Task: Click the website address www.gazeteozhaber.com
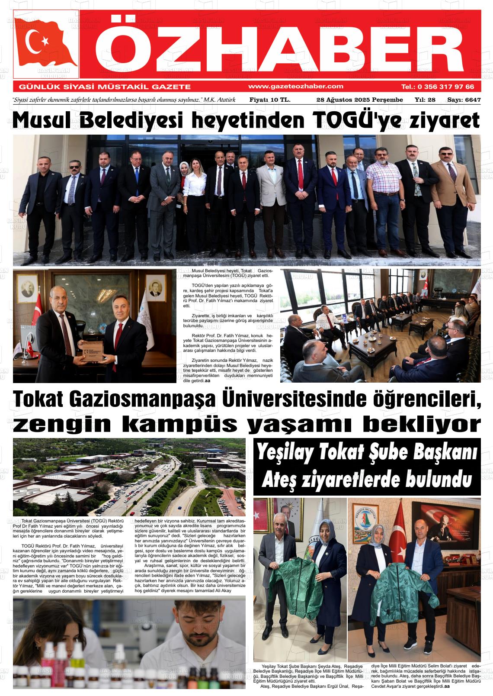click(x=296, y=86)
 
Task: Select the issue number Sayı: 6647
click(x=464, y=100)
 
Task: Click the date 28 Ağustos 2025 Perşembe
click(x=359, y=100)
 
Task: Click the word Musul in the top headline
click(x=46, y=120)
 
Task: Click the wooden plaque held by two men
click(x=94, y=351)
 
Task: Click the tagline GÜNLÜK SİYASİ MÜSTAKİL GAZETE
click(x=102, y=87)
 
